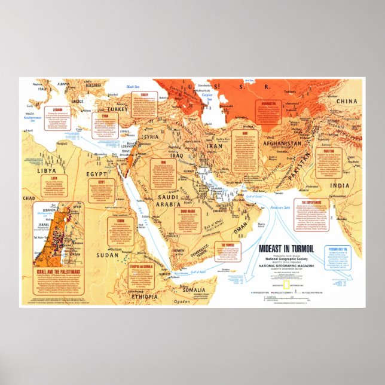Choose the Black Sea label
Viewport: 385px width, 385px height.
pos(132,87)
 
